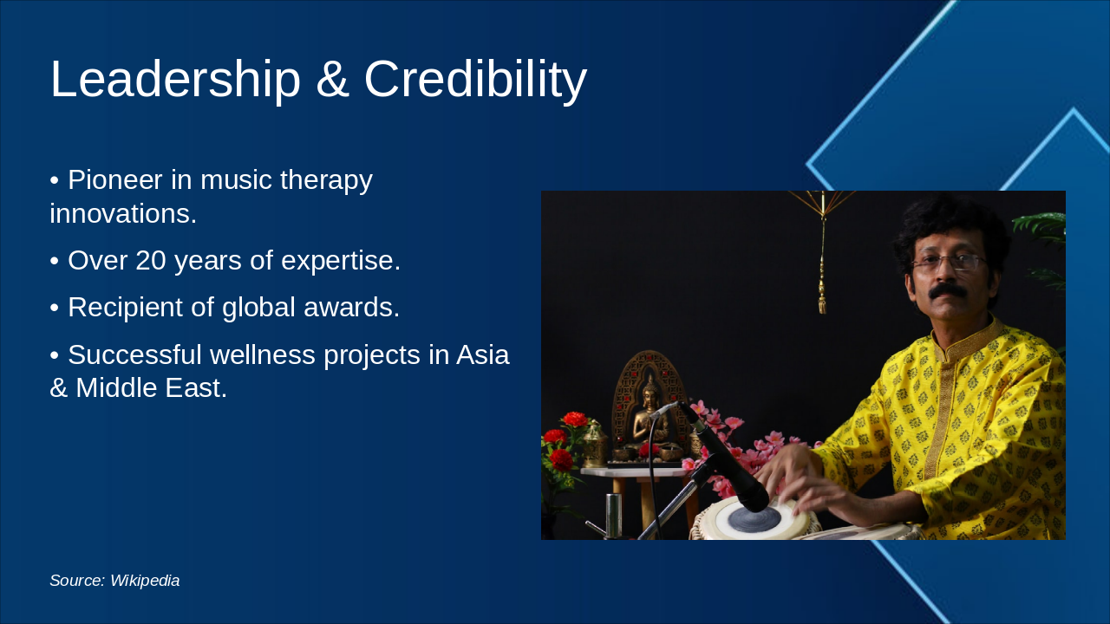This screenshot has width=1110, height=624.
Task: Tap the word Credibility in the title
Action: click(475, 80)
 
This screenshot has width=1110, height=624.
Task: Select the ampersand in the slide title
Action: click(332, 80)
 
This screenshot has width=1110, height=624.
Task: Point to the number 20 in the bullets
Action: click(151, 261)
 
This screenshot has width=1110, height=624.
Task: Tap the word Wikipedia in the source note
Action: click(145, 581)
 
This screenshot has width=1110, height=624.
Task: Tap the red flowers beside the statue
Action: click(564, 442)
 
